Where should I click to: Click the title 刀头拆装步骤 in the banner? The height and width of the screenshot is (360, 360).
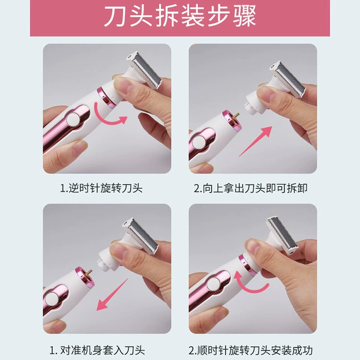pyautogui.click(x=180, y=16)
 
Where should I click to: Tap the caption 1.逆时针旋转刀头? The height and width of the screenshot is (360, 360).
pyautogui.click(x=101, y=188)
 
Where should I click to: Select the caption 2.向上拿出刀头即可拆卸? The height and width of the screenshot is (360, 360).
pyautogui.click(x=250, y=188)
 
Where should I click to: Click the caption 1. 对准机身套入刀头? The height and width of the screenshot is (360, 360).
pyautogui.click(x=97, y=350)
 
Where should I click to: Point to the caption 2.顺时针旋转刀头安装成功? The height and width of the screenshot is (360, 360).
pyautogui.click(x=250, y=350)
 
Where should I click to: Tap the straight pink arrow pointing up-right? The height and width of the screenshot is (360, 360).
pyautogui.click(x=256, y=141)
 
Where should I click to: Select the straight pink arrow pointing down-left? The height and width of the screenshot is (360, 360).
pyautogui.click(x=112, y=295)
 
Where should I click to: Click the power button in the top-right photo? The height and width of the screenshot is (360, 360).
pyautogui.click(x=199, y=142)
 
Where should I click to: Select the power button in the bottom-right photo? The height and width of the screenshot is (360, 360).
pyautogui.click(x=214, y=284)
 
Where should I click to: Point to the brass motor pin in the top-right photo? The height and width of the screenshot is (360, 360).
pyautogui.click(x=236, y=116)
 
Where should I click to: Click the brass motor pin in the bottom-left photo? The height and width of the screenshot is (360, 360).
pyautogui.click(x=89, y=272)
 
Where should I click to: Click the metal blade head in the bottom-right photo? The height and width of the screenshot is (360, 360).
pyautogui.click(x=283, y=235)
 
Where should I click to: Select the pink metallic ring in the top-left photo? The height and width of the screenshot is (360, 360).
pyautogui.click(x=106, y=97)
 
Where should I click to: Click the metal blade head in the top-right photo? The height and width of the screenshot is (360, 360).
pyautogui.click(x=288, y=79)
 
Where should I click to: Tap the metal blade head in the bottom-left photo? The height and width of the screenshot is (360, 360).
pyautogui.click(x=140, y=236)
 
